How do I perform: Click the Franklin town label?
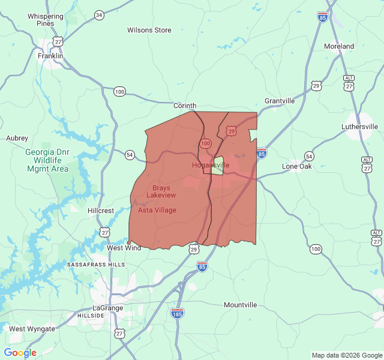point(50,56)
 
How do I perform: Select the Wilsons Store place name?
point(149,30)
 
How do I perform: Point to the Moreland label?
point(339,46)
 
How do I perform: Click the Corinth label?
point(185,106)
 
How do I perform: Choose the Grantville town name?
point(280,101)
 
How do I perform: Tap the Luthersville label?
point(359,127)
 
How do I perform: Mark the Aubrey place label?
point(17,138)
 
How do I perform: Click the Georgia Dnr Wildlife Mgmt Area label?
point(47,160)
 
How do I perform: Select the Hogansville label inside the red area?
point(211,165)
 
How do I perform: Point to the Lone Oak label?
point(297,166)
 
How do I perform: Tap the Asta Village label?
point(157,210)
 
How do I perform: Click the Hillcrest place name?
point(100,211)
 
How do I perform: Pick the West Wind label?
point(124,248)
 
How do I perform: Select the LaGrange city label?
point(107,308)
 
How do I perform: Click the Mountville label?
point(240,305)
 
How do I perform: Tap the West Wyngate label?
point(32,329)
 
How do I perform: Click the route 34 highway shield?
point(99,14)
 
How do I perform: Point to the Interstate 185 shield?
point(177,313)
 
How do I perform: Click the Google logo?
point(20,353)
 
